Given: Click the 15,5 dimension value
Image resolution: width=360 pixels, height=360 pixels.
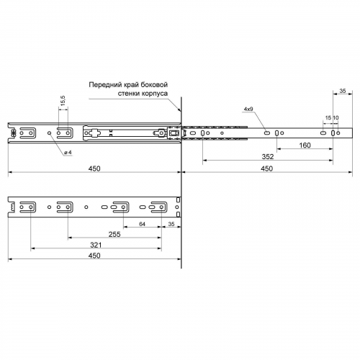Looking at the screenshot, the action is pos(63,101).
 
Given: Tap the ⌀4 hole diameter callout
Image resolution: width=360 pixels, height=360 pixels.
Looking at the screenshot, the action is pos(68,153).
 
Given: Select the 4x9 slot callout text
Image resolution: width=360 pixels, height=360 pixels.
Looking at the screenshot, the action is pos(248,109).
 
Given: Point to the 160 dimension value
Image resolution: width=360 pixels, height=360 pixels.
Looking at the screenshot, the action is pos(305,145).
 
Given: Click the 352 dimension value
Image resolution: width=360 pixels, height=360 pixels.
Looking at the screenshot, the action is pos(268,157).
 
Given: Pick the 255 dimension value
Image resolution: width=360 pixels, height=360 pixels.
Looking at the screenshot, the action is pos(114,234).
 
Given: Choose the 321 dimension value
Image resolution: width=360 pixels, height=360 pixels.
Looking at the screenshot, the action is pos(96,245).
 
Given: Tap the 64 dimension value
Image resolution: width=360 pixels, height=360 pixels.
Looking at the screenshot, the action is pos(142,224).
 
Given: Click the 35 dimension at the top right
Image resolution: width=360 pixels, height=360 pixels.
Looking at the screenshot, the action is pos(343,91).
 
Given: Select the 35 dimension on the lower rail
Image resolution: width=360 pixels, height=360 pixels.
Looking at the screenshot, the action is pos(171,224).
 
